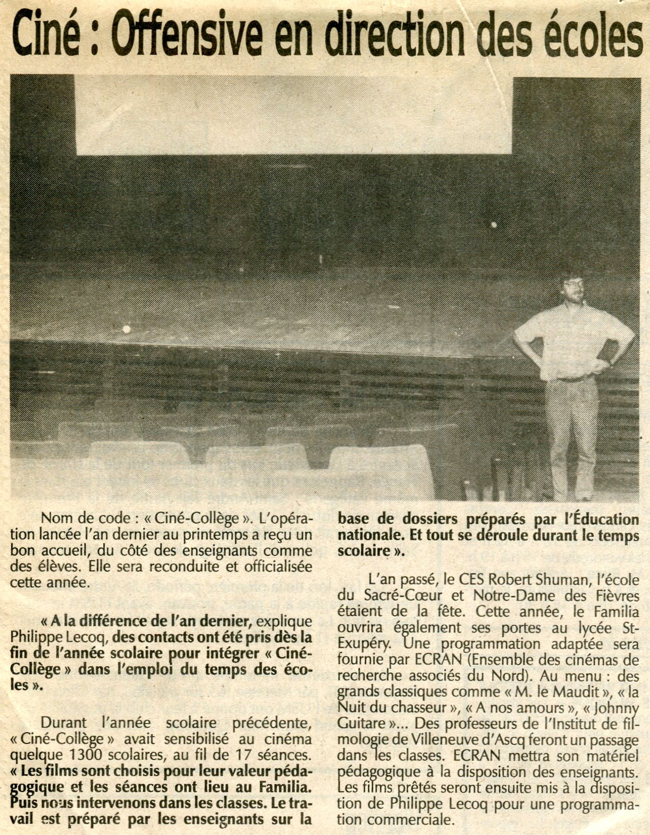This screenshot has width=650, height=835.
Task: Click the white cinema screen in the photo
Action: click(x=292, y=114)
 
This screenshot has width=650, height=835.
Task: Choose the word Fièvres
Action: click(x=617, y=596)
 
